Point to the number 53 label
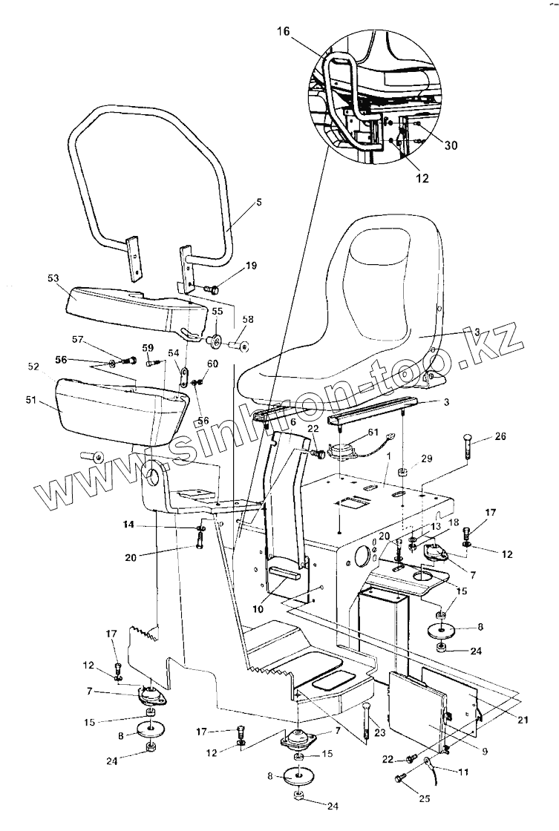point(53,278)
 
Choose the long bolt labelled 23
point(367,722)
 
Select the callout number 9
point(484,751)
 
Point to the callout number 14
point(129,525)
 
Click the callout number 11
point(463,772)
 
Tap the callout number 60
point(213,364)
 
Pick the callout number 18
point(431,522)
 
